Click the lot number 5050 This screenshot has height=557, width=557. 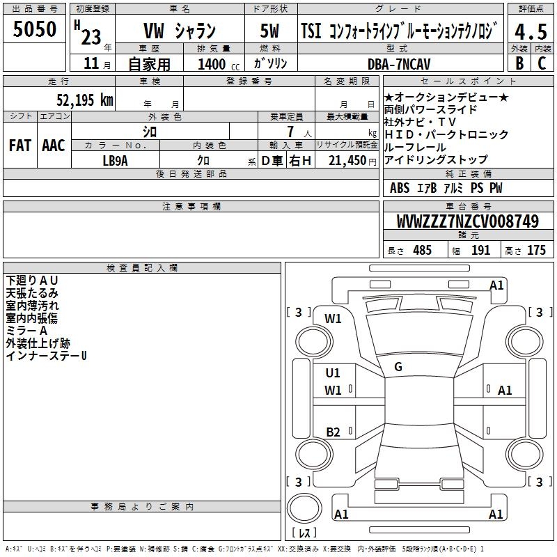[34, 29]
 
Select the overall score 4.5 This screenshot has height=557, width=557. [531, 31]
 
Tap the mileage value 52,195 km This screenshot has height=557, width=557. [85, 100]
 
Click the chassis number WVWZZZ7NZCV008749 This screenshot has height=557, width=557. [467, 221]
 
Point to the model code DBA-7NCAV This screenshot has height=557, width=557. [399, 64]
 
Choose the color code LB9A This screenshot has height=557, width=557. [115, 161]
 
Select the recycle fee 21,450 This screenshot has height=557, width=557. [347, 161]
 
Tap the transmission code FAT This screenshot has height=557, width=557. [20, 146]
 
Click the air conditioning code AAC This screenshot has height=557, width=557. [54, 146]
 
